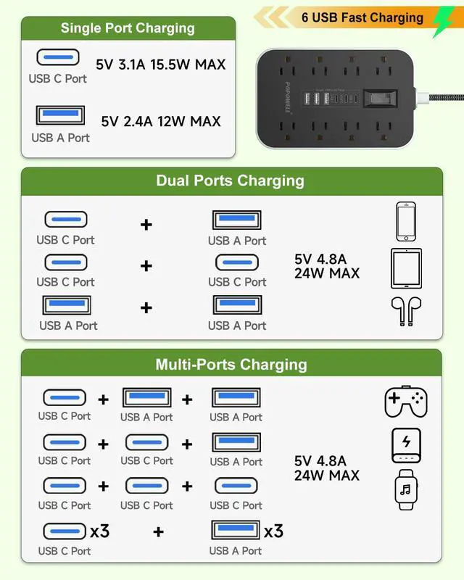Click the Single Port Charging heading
[128, 28]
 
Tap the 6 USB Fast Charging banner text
[362, 17]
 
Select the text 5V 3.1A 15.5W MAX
[161, 64]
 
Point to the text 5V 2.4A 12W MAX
[161, 121]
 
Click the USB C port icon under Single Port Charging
[57, 57]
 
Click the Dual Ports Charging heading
[231, 181]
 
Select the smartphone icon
[406, 221]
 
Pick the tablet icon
[406, 268]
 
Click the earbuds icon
[406, 311]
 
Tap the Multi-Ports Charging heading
[231, 364]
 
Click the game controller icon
[405, 402]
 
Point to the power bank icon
[406, 445]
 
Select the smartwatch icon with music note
[406, 489]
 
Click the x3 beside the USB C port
[99, 531]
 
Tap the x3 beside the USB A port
[273, 531]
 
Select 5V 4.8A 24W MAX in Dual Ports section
[326, 266]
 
